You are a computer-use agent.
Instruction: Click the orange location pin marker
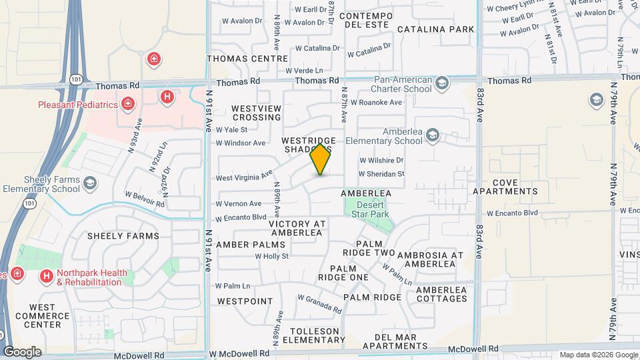321,159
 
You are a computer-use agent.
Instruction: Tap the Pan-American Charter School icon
441,83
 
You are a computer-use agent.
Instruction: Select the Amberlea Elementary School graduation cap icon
433,136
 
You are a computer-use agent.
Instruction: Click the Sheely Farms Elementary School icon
89,183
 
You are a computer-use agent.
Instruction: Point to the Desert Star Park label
370,209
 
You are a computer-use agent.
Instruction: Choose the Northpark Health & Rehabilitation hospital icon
46,275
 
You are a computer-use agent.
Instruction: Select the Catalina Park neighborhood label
436,29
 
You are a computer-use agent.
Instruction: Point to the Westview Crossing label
256,113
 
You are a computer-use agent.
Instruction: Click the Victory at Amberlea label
297,228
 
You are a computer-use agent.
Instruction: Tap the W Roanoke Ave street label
376,102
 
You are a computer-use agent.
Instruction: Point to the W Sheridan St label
381,174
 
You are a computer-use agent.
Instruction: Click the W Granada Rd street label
319,304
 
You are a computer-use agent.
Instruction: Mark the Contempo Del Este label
364,20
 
